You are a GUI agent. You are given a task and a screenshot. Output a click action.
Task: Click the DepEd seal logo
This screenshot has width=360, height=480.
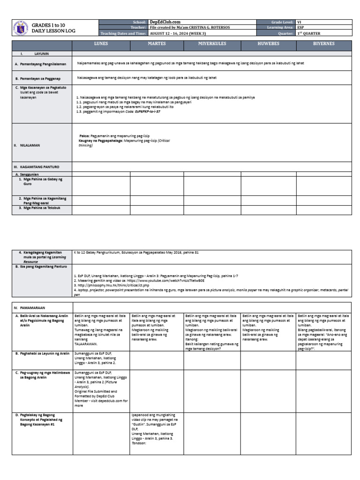[x=20, y=28]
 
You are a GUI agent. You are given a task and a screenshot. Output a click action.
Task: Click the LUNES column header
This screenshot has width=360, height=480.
[x=101, y=45]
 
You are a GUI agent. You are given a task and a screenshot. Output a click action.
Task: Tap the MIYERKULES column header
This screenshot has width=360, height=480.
[x=212, y=45]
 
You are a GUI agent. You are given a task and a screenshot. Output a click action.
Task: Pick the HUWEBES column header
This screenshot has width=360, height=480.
[x=269, y=45]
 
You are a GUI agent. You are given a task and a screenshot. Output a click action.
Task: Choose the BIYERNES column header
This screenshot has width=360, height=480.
[x=324, y=45]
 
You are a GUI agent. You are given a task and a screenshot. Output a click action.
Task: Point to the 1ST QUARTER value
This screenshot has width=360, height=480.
[x=309, y=34]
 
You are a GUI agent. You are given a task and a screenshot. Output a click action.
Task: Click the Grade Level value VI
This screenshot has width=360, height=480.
[x=300, y=22]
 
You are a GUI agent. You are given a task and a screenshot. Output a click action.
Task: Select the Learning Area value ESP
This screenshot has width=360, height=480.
[x=301, y=28]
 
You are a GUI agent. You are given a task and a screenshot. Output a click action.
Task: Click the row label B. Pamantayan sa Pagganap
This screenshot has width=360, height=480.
[x=40, y=79]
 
